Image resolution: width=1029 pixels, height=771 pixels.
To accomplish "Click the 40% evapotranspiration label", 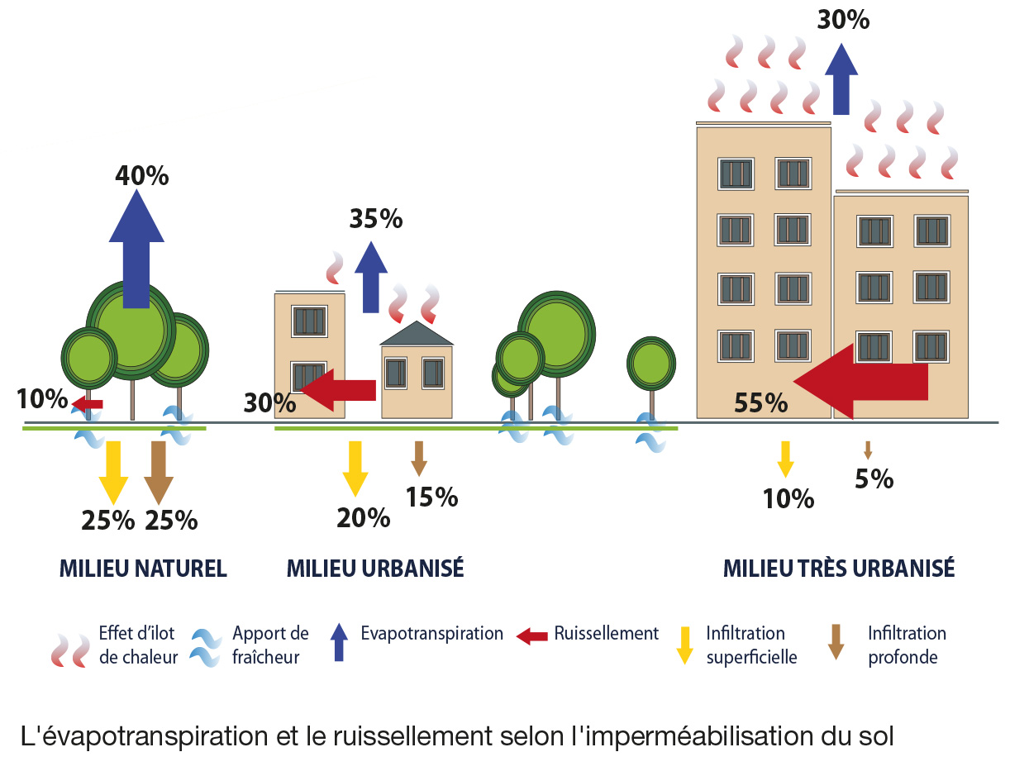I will pyautogui.click(x=142, y=175).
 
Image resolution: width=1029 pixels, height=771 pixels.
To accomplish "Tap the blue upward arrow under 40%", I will pyautogui.click(x=137, y=248).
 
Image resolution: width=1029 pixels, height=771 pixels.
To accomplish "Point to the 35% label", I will pyautogui.click(x=376, y=219).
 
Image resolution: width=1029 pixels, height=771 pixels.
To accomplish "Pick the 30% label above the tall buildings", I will pyautogui.click(x=843, y=20).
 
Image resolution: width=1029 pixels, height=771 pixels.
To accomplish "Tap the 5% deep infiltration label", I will pyautogui.click(x=874, y=479).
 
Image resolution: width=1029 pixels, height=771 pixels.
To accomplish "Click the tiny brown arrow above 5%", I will pyautogui.click(x=868, y=450).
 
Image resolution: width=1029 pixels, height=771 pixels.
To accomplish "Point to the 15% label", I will pyautogui.click(x=431, y=497).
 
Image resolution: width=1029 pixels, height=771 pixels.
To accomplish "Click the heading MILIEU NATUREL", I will pyautogui.click(x=143, y=569).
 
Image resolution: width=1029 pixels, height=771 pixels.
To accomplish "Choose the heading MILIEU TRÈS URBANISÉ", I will pyautogui.click(x=839, y=569).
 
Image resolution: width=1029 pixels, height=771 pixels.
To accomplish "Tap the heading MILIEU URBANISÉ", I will pyautogui.click(x=375, y=569).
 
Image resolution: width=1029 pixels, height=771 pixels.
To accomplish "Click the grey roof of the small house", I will pyautogui.click(x=417, y=334).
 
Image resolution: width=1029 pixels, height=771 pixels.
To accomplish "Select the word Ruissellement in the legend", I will pyautogui.click(x=606, y=634).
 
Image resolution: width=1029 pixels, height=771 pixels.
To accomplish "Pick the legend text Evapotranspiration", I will pyautogui.click(x=431, y=634).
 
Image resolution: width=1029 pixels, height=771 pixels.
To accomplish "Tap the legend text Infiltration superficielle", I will pyautogui.click(x=750, y=645).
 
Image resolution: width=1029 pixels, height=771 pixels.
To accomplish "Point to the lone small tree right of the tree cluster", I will pyautogui.click(x=651, y=364).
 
